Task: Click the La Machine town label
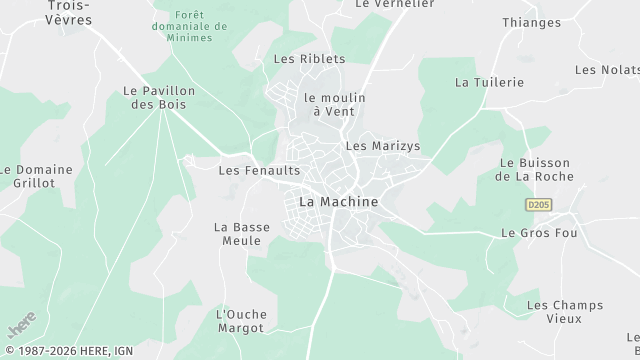(339, 202)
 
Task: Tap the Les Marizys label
(382, 146)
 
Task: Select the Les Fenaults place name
(259, 171)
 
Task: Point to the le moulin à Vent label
(335, 104)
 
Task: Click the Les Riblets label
(309, 59)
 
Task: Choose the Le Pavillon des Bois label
(158, 97)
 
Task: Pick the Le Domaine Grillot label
(37, 177)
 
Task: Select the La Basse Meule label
(242, 234)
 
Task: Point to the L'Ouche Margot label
(241, 321)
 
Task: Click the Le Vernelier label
(394, 4)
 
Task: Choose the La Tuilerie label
(489, 82)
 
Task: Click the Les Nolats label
(607, 69)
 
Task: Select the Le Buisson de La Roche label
(534, 170)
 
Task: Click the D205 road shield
(538, 204)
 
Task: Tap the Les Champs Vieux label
(554, 312)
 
